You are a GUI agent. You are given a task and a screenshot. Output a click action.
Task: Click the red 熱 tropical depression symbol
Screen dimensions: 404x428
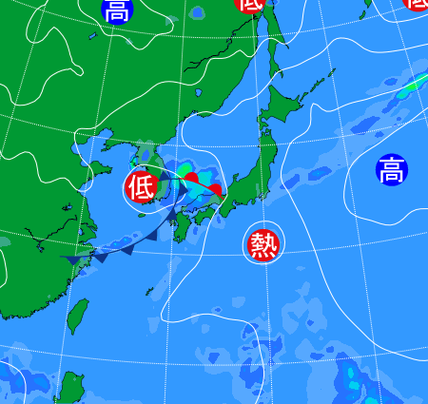(x=262, y=244)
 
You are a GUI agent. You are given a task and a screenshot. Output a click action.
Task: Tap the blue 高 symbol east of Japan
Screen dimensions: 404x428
(x=390, y=171)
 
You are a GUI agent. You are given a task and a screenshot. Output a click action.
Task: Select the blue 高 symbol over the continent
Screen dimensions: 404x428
(x=116, y=10)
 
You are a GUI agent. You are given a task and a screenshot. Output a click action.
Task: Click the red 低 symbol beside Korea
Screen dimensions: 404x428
(x=140, y=186)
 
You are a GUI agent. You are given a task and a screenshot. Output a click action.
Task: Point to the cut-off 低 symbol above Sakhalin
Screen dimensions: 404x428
(x=250, y=5)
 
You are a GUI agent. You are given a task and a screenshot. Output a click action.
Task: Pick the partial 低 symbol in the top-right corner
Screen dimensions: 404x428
(x=418, y=4)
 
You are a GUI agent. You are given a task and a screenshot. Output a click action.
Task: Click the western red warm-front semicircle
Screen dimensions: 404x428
(x=191, y=178)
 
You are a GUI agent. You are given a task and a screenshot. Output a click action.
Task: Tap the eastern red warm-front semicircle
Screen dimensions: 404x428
(x=216, y=190)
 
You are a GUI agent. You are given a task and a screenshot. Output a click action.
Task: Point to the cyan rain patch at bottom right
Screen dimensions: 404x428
(x=354, y=378)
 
